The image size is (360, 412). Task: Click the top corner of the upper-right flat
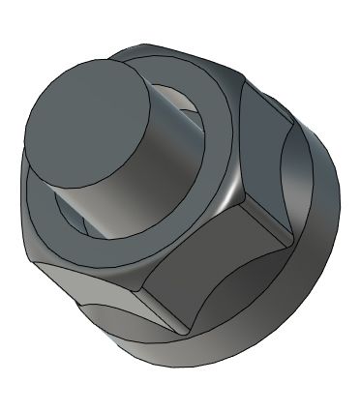tap(237, 77)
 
